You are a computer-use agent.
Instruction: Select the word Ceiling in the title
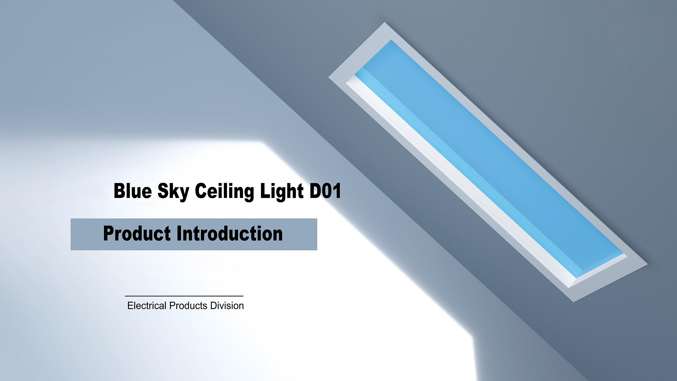tap(225, 192)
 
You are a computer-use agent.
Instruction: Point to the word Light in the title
tap(282, 192)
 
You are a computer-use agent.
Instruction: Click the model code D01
tap(325, 191)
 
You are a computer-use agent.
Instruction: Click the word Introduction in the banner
tap(230, 234)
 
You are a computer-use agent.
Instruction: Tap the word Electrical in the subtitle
tap(147, 306)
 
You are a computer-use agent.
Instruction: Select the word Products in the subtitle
tap(188, 306)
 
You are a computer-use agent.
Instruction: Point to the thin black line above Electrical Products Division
tap(184, 296)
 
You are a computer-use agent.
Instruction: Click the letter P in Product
tap(109, 234)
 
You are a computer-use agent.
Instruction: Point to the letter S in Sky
tap(163, 191)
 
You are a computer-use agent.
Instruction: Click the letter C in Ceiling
tap(201, 191)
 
